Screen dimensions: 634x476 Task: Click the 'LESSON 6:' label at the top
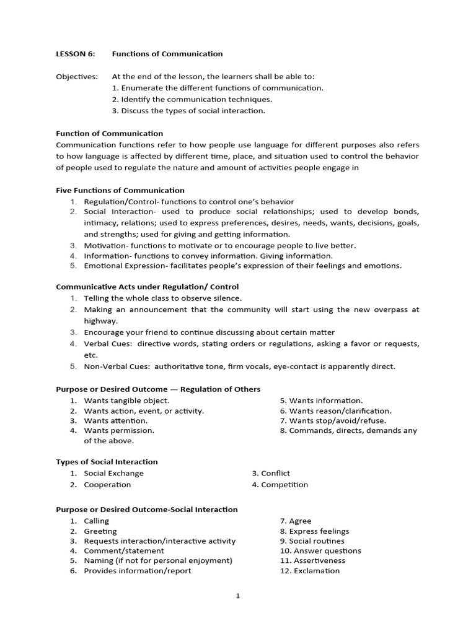click(x=76, y=54)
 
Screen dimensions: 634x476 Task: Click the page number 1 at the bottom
click(x=238, y=596)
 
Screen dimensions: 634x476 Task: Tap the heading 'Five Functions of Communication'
click(x=120, y=190)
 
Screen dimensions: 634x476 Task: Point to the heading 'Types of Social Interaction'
click(x=107, y=462)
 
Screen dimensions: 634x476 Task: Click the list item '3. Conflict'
click(x=271, y=473)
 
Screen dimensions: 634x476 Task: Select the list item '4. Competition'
click(x=280, y=485)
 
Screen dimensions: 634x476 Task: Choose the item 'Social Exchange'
click(x=113, y=473)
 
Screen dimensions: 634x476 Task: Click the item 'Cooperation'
click(x=107, y=485)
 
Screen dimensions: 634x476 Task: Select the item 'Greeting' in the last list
click(x=100, y=531)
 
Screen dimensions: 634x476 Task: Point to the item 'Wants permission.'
click(x=119, y=430)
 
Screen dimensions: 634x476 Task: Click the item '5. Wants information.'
click(x=321, y=401)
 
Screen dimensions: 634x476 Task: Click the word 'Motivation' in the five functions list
click(x=105, y=245)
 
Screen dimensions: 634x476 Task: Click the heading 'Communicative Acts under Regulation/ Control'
click(x=147, y=287)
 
